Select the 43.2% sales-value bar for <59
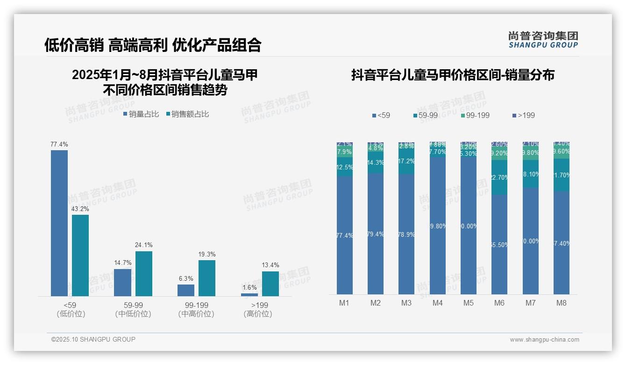coord(80,255)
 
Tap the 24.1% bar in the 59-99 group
coord(144,274)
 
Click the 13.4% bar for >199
coord(270,284)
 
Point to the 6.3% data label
coord(185,279)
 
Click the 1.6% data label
coord(249,288)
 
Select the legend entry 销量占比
coord(141,114)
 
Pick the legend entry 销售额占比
coord(187,114)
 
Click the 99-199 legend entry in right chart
coord(475,115)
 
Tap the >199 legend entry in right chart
coord(523,115)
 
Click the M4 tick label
coord(437,303)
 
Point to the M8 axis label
coord(561,303)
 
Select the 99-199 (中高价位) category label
coord(196,310)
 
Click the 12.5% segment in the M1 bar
coord(345,167)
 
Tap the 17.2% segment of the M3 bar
coord(406,161)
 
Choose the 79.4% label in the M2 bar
coord(376,234)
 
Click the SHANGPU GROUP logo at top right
coord(543,40)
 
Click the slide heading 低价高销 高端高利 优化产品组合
coord(153,45)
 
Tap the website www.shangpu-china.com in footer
coord(544,340)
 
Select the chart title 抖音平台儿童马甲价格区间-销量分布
coord(453,75)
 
